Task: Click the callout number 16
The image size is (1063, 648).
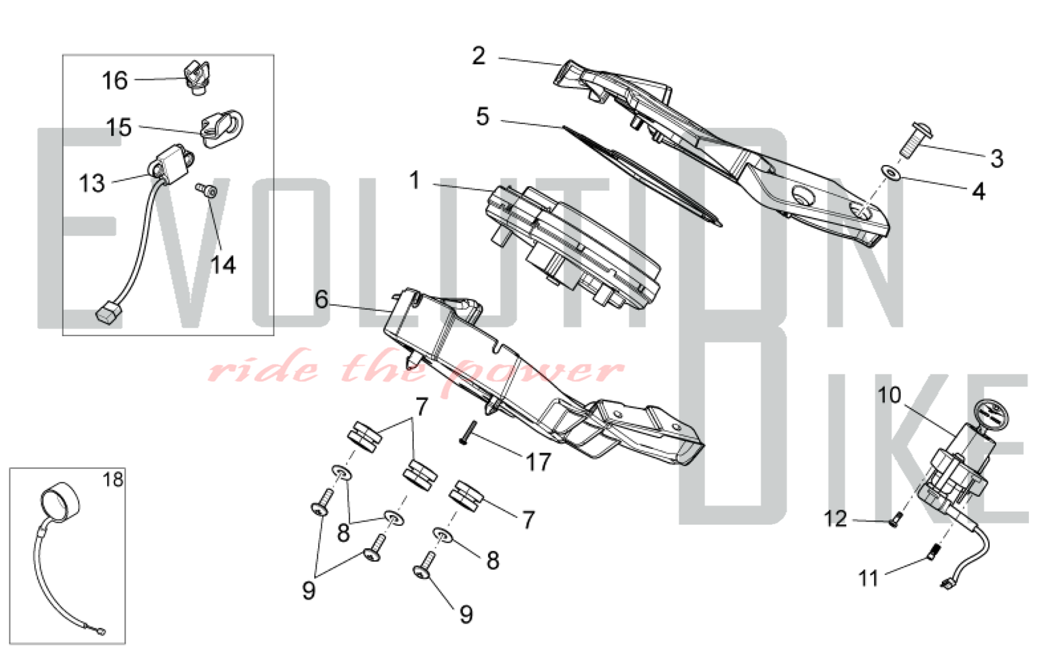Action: (x=115, y=81)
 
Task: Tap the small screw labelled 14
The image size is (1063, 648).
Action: (x=206, y=191)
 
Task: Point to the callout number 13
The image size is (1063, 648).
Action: (x=91, y=183)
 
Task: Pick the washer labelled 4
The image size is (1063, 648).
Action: (x=890, y=172)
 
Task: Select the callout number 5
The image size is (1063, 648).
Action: (x=483, y=116)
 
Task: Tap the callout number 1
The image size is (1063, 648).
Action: (x=415, y=181)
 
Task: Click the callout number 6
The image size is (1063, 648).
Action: (x=322, y=300)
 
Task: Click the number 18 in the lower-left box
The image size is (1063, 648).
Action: (x=113, y=480)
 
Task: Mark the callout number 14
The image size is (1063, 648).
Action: (x=223, y=265)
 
